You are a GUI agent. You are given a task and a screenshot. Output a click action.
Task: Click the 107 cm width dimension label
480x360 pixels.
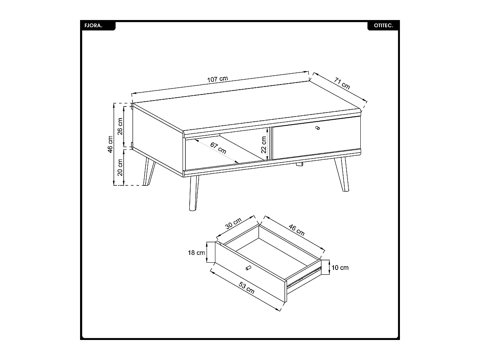click(x=217, y=79)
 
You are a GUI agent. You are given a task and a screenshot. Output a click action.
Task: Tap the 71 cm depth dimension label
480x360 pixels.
click(x=342, y=83)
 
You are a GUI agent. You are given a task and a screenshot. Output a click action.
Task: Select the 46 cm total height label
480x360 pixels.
click(x=110, y=144)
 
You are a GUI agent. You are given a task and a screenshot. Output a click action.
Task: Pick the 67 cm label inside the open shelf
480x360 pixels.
click(x=218, y=149)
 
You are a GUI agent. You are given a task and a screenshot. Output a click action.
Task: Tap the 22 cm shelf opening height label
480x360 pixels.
click(x=264, y=145)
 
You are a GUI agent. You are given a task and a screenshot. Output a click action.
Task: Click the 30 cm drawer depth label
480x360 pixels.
click(x=233, y=223)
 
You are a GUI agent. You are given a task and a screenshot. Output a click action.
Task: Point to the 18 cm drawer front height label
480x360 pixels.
click(x=197, y=253)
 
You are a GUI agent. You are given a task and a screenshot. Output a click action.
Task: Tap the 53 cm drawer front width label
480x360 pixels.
click(x=247, y=288)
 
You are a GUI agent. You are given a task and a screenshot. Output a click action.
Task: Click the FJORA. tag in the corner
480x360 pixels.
click(x=93, y=25)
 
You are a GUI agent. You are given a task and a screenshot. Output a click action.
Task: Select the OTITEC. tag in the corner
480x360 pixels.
click(x=383, y=25)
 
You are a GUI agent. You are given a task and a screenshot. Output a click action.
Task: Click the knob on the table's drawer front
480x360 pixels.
click(x=318, y=128)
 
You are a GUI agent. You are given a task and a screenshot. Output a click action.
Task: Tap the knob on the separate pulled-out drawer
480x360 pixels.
click(x=248, y=267)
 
